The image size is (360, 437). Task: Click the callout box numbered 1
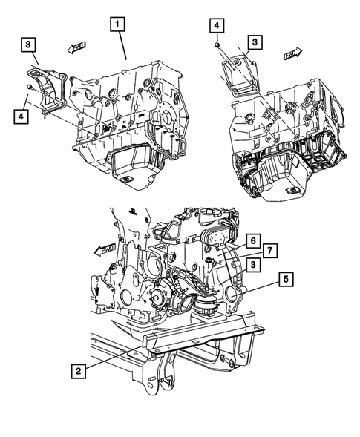117,24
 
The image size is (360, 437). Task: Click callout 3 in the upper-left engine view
27,46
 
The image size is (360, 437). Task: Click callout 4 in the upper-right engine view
217,26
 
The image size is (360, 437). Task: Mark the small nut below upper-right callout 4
216,45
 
